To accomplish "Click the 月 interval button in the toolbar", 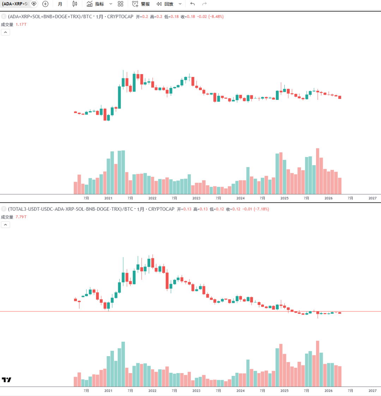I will click(x=60, y=4).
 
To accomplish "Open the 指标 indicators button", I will click(x=96, y=4).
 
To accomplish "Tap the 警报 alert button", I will click(x=141, y=4).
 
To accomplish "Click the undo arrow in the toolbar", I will click(x=192, y=4).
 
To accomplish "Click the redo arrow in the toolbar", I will click(x=204, y=4).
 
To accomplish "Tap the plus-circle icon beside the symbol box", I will click(x=45, y=4).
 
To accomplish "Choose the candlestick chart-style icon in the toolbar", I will click(x=74, y=4).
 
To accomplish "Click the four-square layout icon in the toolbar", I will click(x=121, y=4).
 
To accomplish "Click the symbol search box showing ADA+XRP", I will click(x=16, y=4).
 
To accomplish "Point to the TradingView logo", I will click(x=6, y=380).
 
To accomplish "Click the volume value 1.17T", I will click(x=21, y=25).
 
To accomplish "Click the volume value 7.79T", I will click(x=21, y=217).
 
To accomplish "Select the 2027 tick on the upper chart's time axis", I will click(x=373, y=198).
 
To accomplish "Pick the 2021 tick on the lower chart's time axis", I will click(x=108, y=391).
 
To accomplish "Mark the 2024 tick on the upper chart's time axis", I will click(x=241, y=198).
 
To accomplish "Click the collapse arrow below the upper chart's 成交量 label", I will click(x=6, y=32).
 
